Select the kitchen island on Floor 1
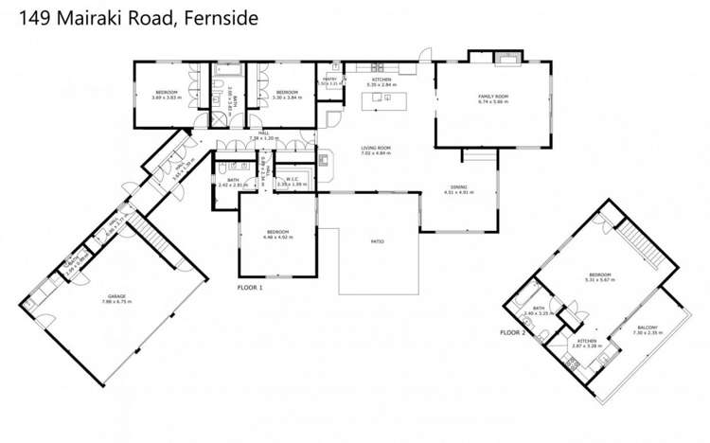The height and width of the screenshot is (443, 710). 389,99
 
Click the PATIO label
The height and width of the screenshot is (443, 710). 376,241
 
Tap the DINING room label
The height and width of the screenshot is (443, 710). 458,187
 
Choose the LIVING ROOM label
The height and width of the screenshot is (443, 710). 376,148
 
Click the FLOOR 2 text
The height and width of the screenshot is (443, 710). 512,332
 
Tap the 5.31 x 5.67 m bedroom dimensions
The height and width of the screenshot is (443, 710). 600,280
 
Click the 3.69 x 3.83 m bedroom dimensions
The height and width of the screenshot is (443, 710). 167,97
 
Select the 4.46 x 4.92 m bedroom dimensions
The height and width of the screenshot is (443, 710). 276,238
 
